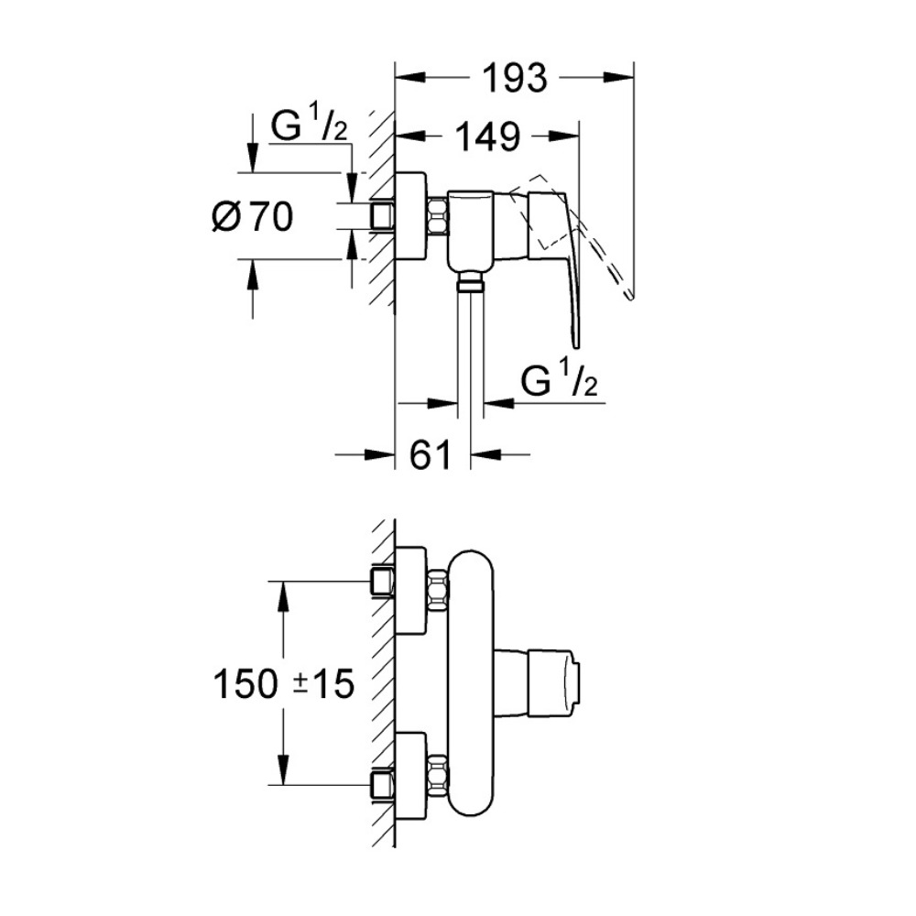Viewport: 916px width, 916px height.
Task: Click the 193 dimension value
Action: (x=513, y=80)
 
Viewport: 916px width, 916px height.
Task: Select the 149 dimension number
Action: (x=488, y=137)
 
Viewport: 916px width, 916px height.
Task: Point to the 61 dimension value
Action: (x=431, y=453)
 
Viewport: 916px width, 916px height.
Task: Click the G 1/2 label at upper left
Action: (x=309, y=128)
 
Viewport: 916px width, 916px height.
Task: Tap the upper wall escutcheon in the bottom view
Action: (x=411, y=590)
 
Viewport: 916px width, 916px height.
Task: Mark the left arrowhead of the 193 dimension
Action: (x=404, y=80)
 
